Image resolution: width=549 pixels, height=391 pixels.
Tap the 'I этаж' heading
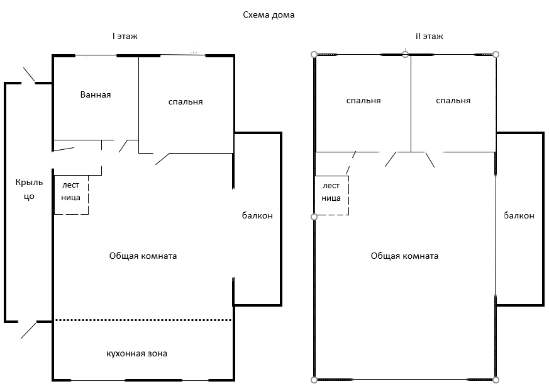[x=125, y=37]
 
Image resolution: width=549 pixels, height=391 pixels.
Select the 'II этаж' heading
[x=430, y=37]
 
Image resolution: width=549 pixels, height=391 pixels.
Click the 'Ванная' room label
[x=96, y=94]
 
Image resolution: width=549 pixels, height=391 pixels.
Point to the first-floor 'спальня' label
[x=186, y=101]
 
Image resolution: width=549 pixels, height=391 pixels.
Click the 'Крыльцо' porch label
[x=30, y=189]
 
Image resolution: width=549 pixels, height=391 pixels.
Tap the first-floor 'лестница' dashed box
[x=71, y=194]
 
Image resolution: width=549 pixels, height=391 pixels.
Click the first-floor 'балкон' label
[x=257, y=215]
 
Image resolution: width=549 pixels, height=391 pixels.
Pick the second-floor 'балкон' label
[x=519, y=215]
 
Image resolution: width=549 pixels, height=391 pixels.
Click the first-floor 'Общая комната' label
[x=143, y=256]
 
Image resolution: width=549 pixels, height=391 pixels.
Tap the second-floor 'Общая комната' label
[x=404, y=256]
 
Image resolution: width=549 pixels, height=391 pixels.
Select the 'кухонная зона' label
[x=137, y=353]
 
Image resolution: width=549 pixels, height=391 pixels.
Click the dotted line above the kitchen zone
[x=143, y=320]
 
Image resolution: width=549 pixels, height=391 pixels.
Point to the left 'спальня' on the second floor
[x=363, y=101]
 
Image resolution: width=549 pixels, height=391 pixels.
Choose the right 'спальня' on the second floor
[x=453, y=101]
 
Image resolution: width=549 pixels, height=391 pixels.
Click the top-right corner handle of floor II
[x=496, y=54]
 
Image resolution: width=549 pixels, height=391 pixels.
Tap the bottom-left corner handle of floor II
[x=314, y=380]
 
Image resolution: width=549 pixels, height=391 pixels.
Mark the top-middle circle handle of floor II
[x=406, y=54]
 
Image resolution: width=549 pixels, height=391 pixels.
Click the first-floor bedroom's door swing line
[x=162, y=159]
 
